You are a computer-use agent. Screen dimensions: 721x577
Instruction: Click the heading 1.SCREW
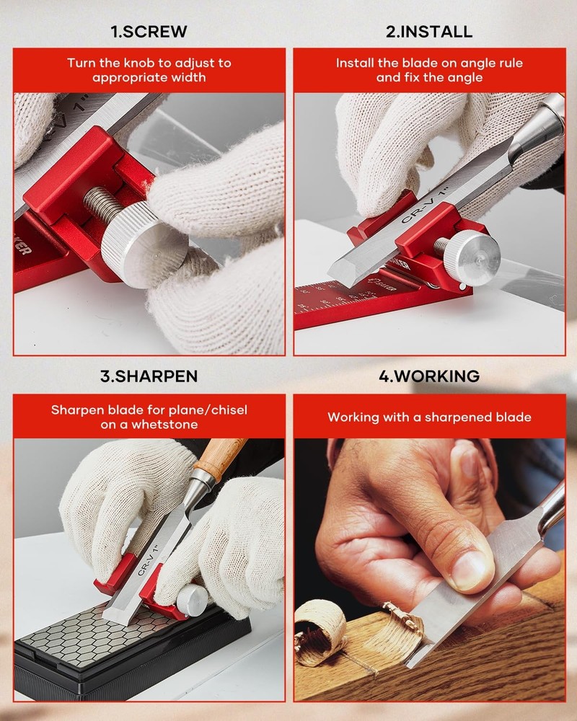tap(149, 32)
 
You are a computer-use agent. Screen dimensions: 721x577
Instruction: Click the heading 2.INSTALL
tap(428, 32)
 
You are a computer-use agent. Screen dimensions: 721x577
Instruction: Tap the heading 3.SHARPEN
tap(149, 376)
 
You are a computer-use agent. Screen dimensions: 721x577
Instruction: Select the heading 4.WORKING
tap(428, 376)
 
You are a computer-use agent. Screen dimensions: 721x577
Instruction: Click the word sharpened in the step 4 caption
tap(460, 417)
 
